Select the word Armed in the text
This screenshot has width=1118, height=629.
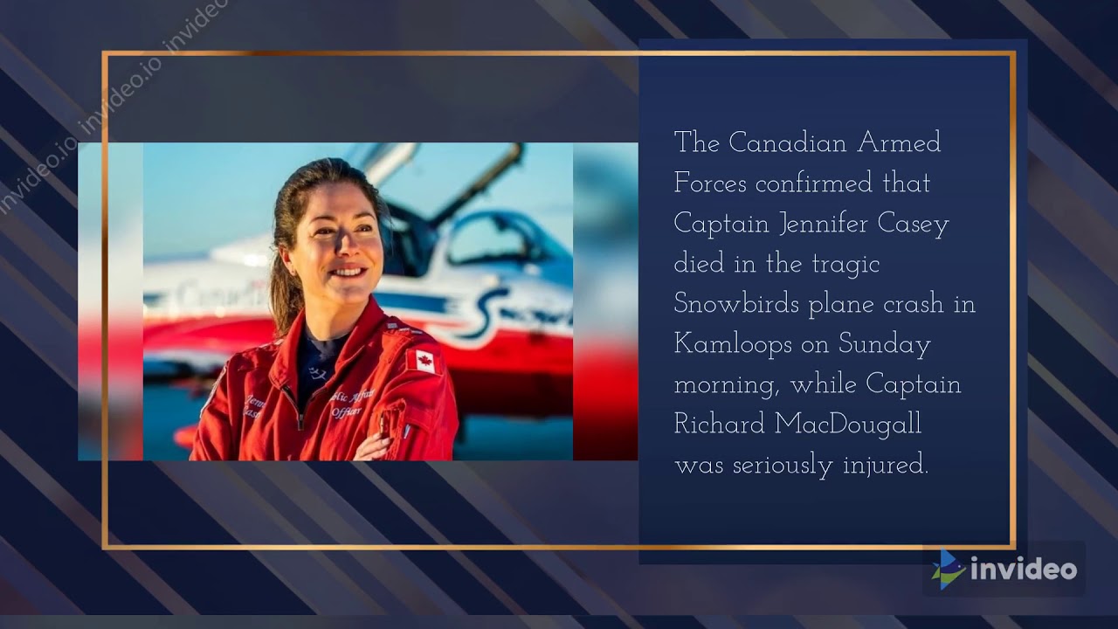tap(899, 142)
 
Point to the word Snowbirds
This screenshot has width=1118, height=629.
tap(735, 304)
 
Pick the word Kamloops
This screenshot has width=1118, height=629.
tap(735, 345)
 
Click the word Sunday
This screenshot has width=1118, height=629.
tap(885, 345)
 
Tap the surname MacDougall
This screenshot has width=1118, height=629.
tap(848, 425)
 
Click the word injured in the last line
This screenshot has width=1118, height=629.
tap(885, 465)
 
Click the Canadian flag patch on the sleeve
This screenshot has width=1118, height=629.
tap(422, 360)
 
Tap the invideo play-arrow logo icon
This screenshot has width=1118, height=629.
tap(947, 570)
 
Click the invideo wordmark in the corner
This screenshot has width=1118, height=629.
tap(1024, 570)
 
